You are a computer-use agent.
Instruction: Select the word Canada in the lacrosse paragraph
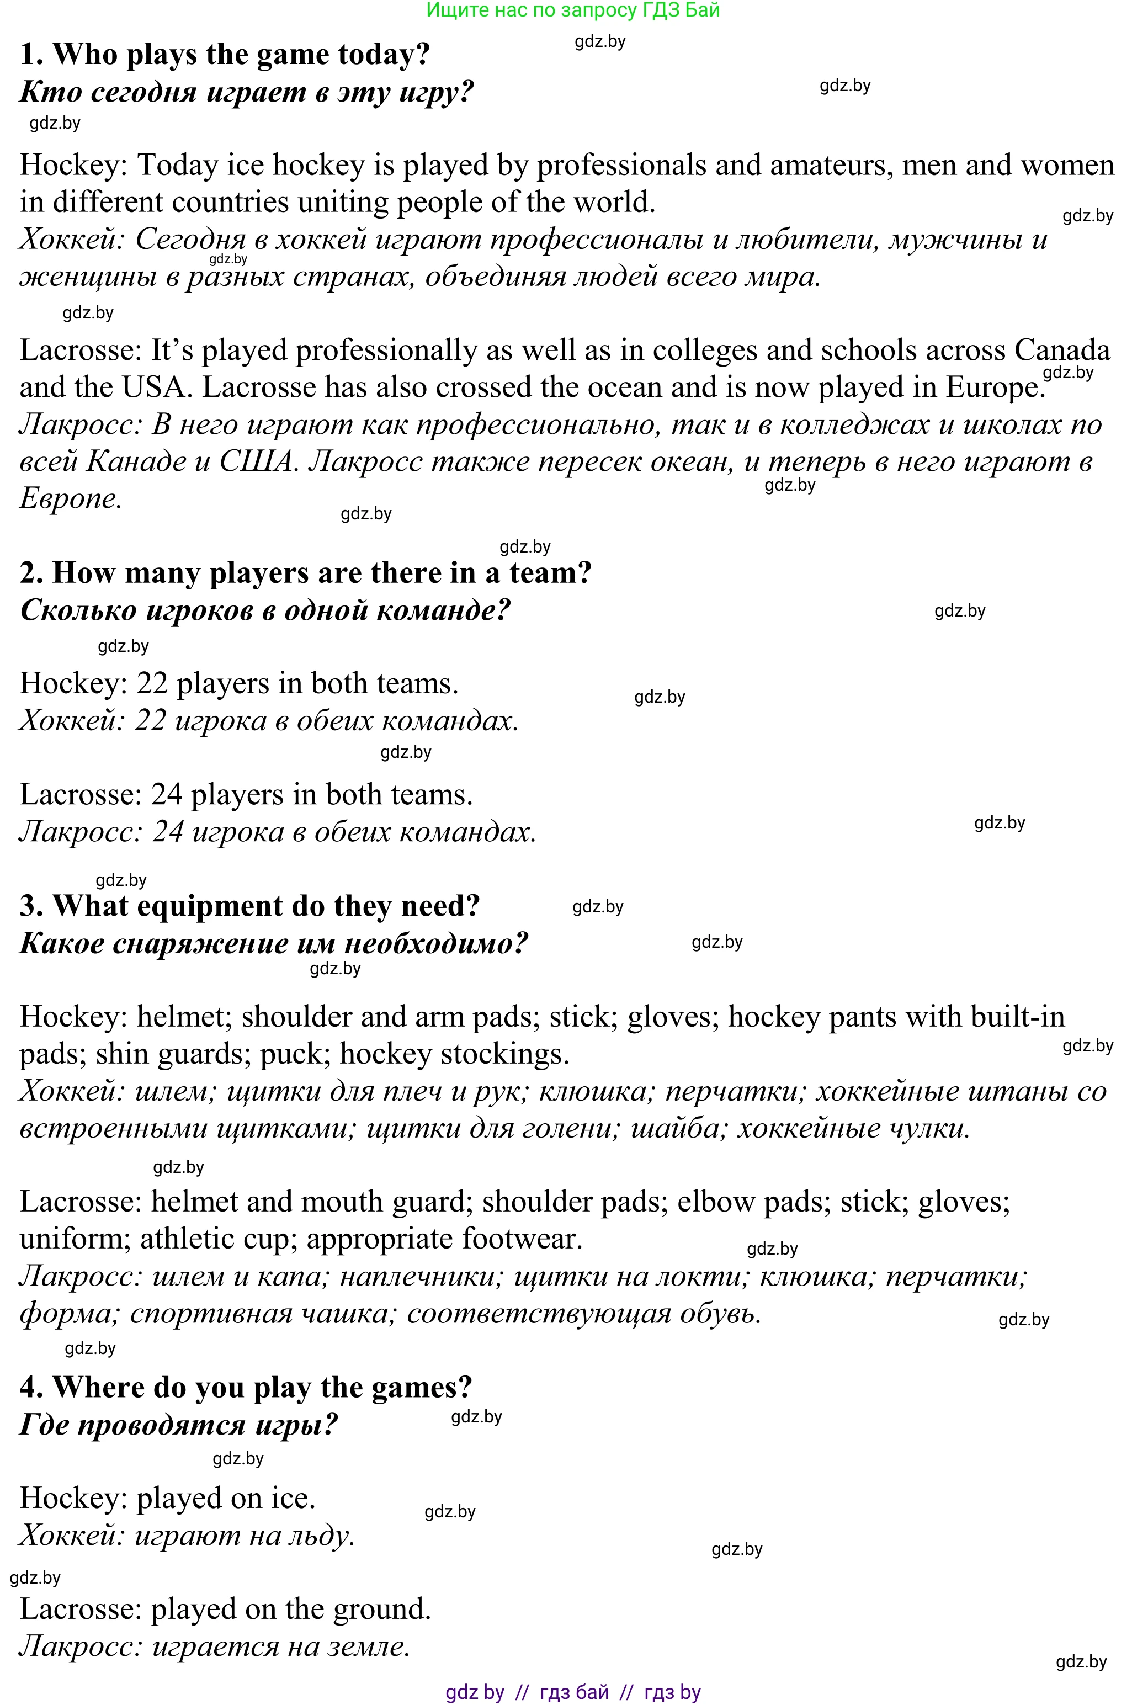click(x=1061, y=350)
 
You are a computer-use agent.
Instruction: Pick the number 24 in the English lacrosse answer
click(x=166, y=795)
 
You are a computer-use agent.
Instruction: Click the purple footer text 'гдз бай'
click(x=574, y=1692)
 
